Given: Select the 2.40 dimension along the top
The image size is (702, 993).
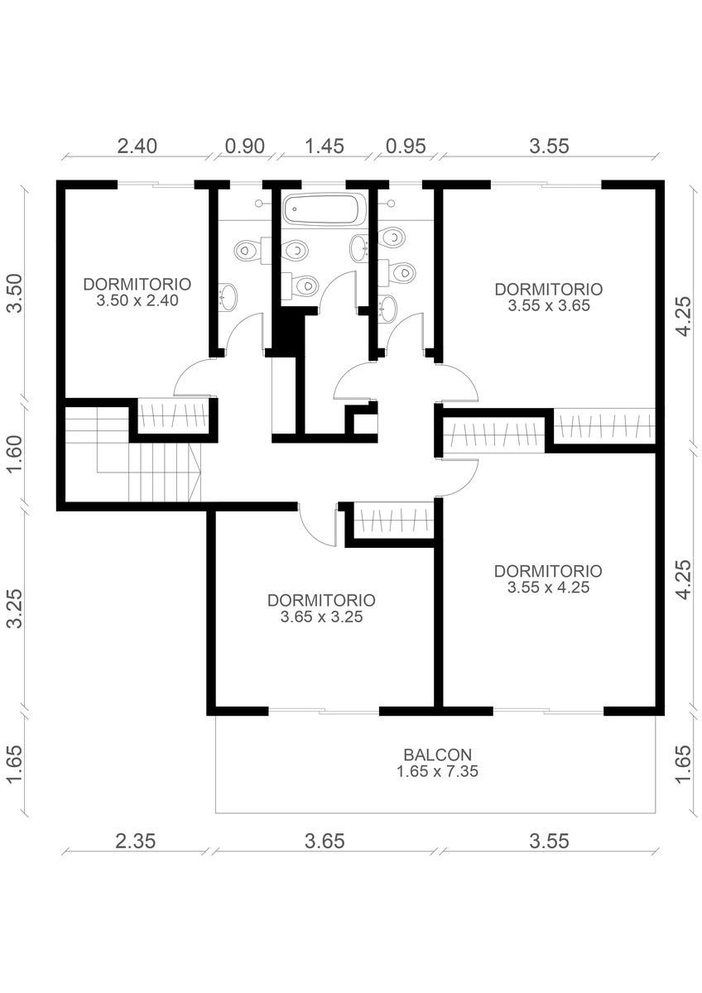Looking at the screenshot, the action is (137, 146).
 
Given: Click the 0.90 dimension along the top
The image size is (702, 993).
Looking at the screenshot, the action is (245, 146).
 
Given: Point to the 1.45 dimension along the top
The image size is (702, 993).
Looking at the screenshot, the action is (325, 146).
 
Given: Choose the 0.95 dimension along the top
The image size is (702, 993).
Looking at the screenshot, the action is (406, 146).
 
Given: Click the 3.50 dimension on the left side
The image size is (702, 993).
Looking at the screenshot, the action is (16, 294).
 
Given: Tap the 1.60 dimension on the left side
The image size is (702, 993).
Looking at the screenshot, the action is (16, 454).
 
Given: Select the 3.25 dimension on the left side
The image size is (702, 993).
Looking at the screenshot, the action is (16, 608).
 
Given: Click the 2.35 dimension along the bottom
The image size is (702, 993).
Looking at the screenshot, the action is (136, 841).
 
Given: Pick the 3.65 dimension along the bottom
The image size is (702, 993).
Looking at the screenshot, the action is (325, 841).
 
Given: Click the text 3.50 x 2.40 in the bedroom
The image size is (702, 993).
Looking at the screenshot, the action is (137, 300).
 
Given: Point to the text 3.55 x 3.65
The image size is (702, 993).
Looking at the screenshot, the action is (549, 305).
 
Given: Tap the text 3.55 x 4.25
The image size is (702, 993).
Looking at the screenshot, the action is (549, 588).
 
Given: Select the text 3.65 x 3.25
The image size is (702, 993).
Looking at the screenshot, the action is (321, 616).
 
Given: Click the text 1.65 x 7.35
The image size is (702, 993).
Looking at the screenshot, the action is (437, 771).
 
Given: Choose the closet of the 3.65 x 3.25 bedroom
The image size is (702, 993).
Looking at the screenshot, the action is (394, 520).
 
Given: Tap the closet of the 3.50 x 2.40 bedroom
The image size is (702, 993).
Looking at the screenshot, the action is (173, 416).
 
